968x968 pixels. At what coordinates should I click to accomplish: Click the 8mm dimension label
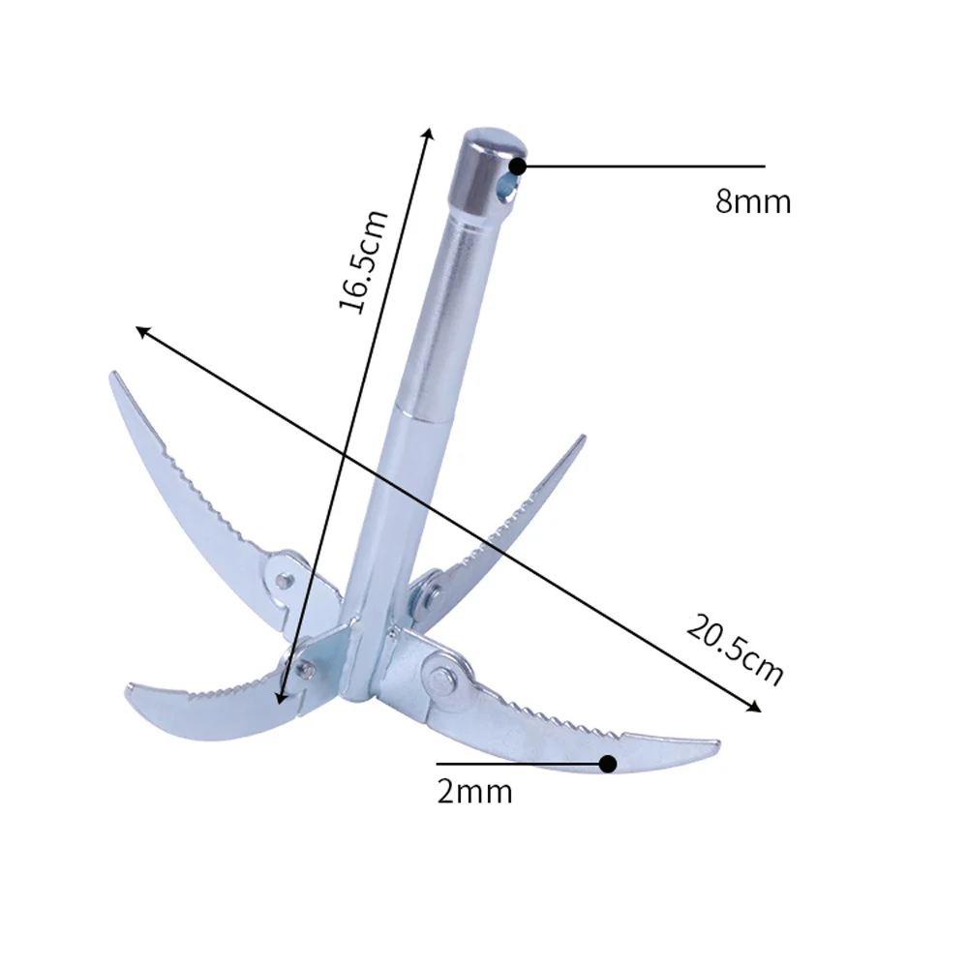point(753,202)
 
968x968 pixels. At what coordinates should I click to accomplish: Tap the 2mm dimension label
point(474,792)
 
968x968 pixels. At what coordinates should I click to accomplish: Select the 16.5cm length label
point(363,261)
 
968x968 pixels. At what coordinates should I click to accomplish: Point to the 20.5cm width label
point(735,650)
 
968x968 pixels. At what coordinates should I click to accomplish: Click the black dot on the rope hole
point(518,166)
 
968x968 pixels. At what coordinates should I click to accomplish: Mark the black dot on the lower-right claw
point(608,764)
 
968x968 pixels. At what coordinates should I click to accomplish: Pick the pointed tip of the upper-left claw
point(112,375)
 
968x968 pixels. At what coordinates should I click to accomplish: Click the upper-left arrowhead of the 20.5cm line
point(140,330)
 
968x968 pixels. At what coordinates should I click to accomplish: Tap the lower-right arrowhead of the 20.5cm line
point(757,709)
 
